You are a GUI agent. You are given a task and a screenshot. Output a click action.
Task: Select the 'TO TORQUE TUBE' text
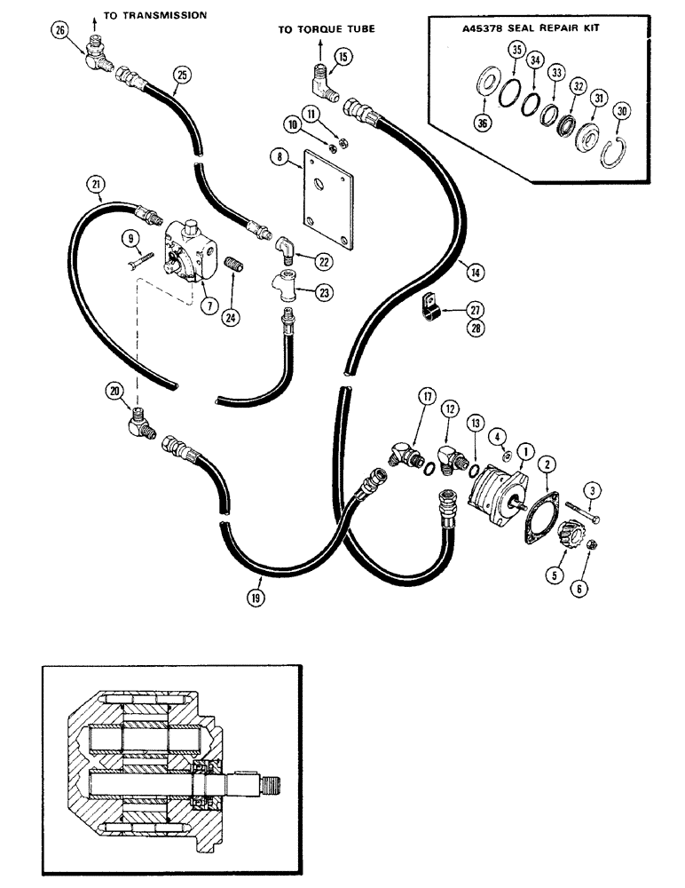326,29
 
